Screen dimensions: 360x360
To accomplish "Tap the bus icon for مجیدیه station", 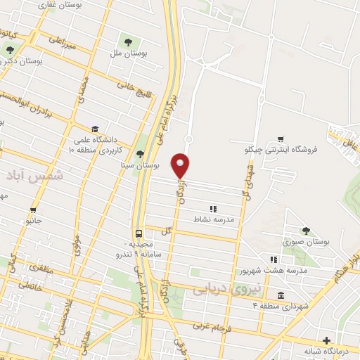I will tap(139, 233).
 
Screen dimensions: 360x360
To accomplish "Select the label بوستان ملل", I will tap(128, 51).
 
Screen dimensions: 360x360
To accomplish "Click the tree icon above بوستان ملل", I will tap(128, 39).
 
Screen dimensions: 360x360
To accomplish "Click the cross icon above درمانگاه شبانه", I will tap(326, 340).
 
